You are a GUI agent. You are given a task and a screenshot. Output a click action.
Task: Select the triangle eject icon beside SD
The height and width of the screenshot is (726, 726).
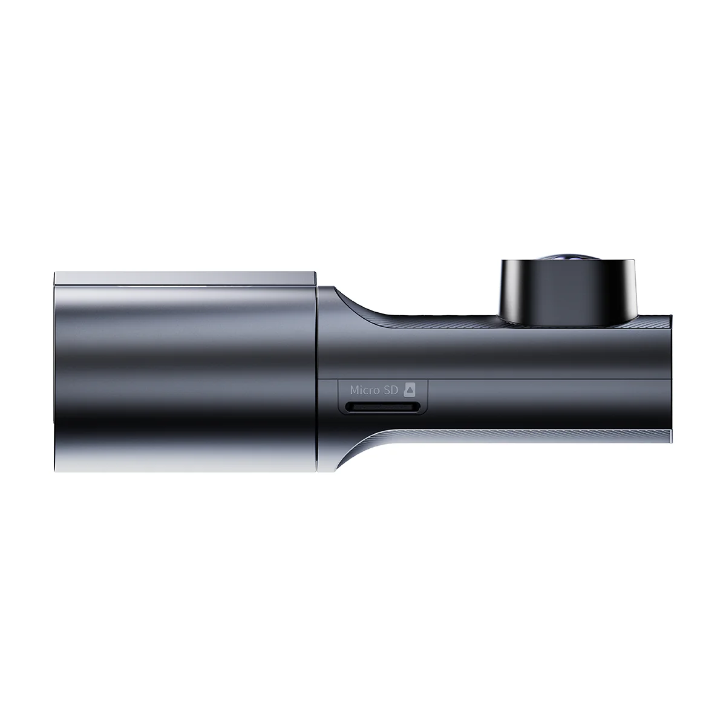[410, 390]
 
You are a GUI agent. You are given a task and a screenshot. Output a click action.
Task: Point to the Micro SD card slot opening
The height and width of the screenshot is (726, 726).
[382, 407]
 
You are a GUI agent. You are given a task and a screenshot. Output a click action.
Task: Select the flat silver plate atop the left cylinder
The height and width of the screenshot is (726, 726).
[185, 278]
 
